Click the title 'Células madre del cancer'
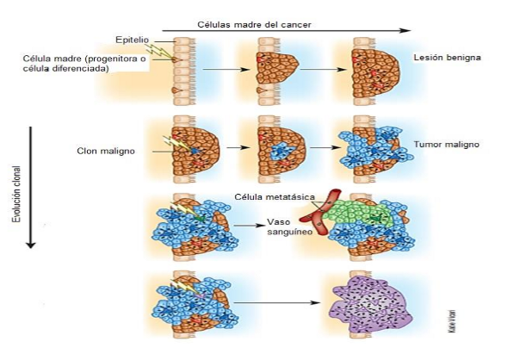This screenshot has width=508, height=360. click(254, 25)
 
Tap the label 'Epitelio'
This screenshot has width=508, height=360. click(133, 40)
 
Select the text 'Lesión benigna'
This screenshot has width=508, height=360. click(447, 58)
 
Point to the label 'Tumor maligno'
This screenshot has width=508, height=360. click(446, 144)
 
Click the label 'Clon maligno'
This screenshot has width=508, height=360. click(106, 151)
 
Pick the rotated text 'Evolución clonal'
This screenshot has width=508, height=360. click(16, 194)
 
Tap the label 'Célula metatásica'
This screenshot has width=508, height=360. click(275, 197)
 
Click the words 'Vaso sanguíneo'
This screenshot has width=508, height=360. click(289, 227)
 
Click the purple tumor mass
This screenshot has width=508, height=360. click(369, 305)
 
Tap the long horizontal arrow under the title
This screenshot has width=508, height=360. click(287, 31)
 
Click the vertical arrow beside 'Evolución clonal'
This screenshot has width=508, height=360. click(31, 187)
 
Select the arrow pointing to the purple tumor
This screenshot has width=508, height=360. click(277, 302)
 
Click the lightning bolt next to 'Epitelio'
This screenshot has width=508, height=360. click(158, 52)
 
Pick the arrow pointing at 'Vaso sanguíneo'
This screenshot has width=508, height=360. click(250, 226)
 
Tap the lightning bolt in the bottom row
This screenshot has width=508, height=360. click(183, 288)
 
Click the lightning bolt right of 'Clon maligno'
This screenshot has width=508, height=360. click(177, 144)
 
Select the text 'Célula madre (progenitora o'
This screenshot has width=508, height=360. click(84, 59)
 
